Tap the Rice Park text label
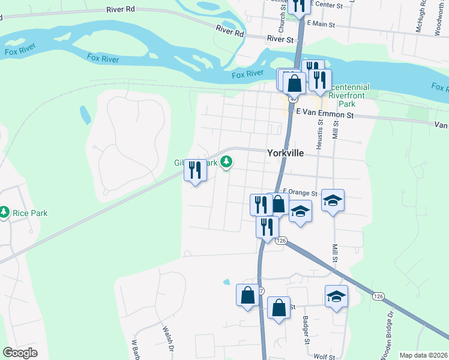pos(29,213)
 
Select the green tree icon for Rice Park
pos(4,212)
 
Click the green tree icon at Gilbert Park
pos(226,161)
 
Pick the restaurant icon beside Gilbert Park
pos(195,170)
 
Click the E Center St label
pos(325,5)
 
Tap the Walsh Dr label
pos(169,338)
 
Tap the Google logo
pos(20,353)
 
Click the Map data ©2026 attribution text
pos(423,355)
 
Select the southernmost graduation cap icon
pos(336,296)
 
